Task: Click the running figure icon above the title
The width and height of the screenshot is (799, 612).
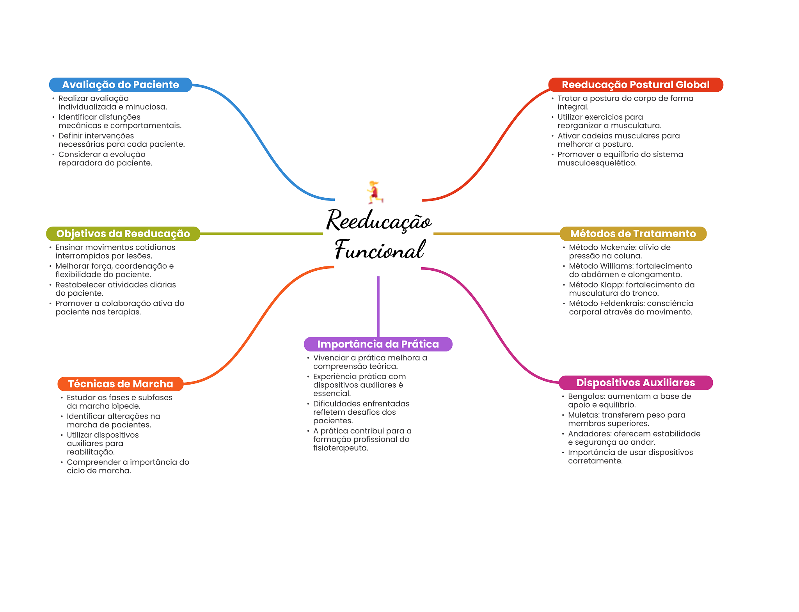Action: (x=375, y=192)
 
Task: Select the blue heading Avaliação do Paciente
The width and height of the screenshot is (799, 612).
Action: (x=120, y=85)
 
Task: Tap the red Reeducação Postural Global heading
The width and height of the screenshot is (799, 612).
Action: (x=636, y=85)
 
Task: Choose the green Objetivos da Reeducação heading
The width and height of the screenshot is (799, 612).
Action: (x=123, y=234)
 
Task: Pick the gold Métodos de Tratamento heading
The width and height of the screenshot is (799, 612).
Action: (x=633, y=234)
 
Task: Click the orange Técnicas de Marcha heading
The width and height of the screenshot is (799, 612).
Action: (x=120, y=384)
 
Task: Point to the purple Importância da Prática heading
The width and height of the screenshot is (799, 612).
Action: (x=378, y=344)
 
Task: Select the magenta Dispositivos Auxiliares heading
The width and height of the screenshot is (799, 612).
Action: (x=636, y=383)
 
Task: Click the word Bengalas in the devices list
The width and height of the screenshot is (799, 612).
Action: (x=586, y=396)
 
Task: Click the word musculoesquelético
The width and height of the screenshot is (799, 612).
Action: (x=597, y=163)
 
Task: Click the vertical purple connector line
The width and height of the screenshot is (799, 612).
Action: (x=378, y=306)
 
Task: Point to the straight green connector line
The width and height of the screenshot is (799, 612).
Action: (x=261, y=234)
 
